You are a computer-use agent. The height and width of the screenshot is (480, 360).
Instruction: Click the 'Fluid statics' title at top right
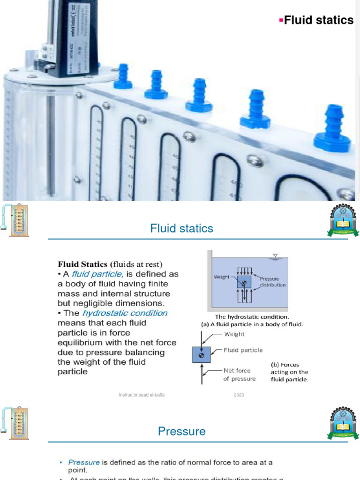[319, 20]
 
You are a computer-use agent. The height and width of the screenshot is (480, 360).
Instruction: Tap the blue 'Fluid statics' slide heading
[181, 229]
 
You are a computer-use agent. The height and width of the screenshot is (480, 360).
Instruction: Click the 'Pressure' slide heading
[181, 431]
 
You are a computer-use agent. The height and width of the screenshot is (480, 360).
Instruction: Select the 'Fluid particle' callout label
[243, 350]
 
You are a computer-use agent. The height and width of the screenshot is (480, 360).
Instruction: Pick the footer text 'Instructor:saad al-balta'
[142, 395]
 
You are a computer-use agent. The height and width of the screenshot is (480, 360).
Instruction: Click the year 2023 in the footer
[239, 395]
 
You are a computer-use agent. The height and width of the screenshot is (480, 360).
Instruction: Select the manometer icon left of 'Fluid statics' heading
[15, 220]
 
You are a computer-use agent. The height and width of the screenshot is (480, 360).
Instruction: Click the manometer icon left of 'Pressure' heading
[15, 423]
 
